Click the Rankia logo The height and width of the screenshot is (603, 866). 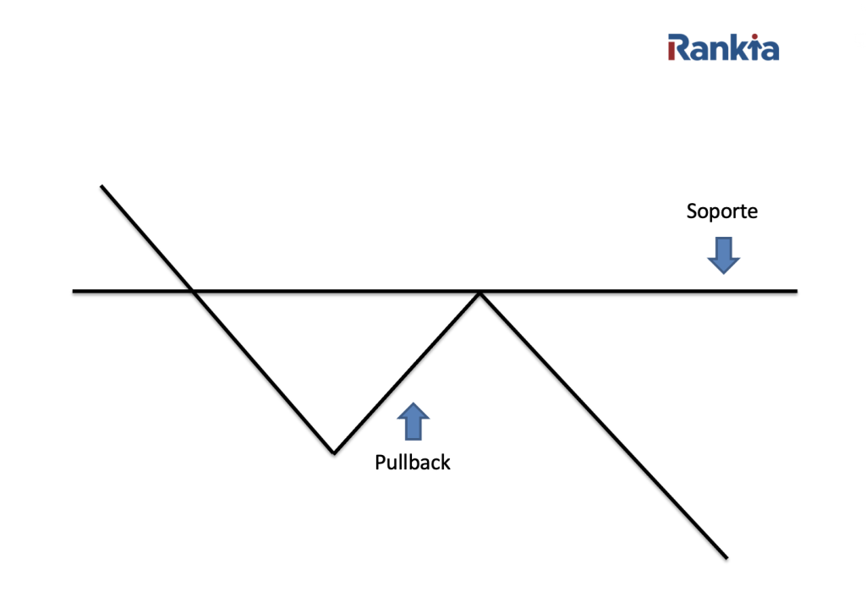pos(723,47)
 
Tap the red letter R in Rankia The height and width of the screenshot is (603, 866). pos(677,47)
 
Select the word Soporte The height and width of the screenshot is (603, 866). pos(721,211)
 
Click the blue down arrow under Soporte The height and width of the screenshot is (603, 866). pos(723,255)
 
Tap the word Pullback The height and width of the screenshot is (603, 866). pos(413,463)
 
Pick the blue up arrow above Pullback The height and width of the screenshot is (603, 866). pos(413,421)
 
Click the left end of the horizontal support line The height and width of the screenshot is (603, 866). pos(74,291)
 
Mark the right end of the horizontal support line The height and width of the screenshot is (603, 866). pos(795,291)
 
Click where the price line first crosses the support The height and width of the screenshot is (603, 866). pos(194,292)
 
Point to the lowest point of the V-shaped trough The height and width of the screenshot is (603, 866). pos(334,452)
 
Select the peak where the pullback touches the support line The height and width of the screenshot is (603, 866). pos(480,293)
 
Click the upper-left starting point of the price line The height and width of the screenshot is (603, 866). pos(101,185)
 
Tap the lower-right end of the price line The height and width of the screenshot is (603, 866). pos(726,557)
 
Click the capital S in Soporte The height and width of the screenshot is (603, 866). pos(692,211)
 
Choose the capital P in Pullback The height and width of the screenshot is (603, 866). pos(380,463)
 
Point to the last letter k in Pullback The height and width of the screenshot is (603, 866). pos(446,463)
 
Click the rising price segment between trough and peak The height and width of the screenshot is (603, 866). pos(406,373)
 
